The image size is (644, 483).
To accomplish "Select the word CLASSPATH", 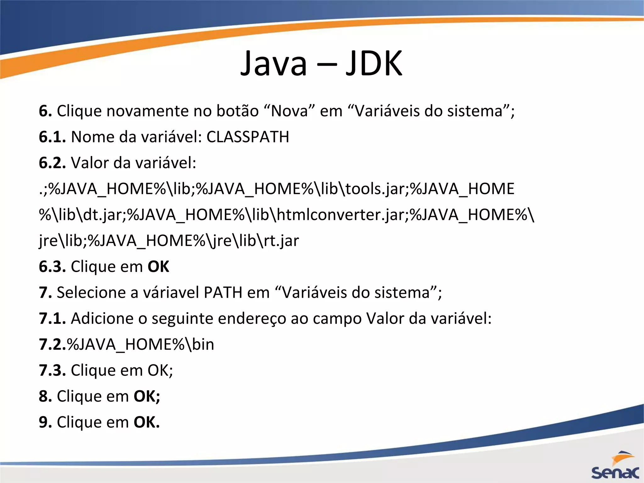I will (x=248, y=137).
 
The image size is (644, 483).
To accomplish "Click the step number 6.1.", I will (x=52, y=137).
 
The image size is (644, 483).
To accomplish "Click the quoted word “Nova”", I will (x=290, y=111).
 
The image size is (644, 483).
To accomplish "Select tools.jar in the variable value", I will (x=375, y=189).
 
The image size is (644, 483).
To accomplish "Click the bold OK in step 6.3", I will (x=158, y=267).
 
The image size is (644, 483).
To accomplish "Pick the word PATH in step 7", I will (x=223, y=293).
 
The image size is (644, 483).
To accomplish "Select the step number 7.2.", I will (x=52, y=344).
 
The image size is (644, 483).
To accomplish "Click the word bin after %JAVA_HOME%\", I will (x=203, y=344).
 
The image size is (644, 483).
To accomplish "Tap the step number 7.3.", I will (x=52, y=370).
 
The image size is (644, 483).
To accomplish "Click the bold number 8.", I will (x=45, y=396).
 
